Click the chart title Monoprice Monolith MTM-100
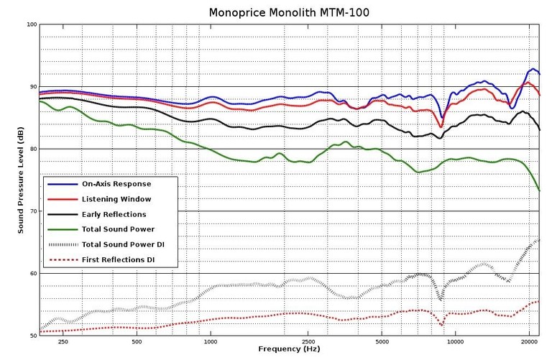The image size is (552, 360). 290,12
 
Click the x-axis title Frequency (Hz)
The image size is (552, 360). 290,349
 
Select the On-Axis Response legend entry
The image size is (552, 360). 116,183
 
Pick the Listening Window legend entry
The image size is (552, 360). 116,198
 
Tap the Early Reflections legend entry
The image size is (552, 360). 114,214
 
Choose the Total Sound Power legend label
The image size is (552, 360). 118,229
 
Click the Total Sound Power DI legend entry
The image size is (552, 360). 123,245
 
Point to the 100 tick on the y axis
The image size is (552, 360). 31,24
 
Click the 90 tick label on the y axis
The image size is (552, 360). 32,87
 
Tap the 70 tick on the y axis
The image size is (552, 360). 32,211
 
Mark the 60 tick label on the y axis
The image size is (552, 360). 32,274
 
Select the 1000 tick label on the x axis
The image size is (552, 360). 211,341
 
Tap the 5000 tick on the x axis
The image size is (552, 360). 383,341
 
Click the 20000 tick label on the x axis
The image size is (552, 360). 529,341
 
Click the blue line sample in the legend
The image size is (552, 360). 60,183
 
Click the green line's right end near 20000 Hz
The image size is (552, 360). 539,190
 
